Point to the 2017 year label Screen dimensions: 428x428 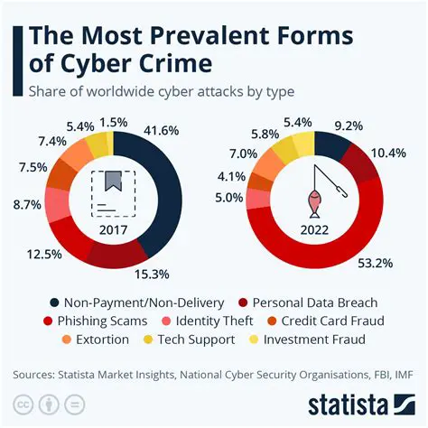[x=111, y=230]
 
